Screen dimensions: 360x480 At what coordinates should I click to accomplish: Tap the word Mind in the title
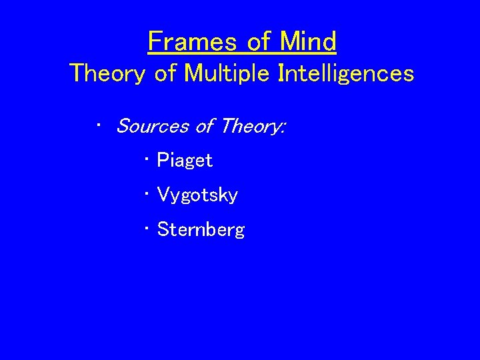click(x=308, y=42)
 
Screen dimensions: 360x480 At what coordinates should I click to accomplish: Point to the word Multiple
click(x=221, y=73)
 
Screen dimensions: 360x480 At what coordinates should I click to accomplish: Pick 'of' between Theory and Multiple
click(x=164, y=73)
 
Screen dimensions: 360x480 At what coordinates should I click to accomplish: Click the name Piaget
click(x=185, y=161)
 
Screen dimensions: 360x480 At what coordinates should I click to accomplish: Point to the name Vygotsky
click(x=197, y=195)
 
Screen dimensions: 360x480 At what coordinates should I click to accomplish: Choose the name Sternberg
click(x=201, y=230)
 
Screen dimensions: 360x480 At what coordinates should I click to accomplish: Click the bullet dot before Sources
click(x=98, y=124)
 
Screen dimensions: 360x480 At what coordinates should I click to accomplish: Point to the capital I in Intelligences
click(x=281, y=73)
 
